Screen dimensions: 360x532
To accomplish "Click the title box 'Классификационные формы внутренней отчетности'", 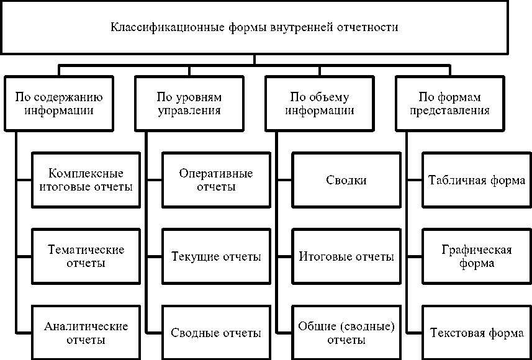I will click(x=254, y=27).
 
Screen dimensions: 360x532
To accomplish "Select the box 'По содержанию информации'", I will click(x=59, y=104).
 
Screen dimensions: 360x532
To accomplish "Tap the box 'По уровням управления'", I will click(x=189, y=104).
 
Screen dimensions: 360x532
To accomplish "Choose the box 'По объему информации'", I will click(x=319, y=104).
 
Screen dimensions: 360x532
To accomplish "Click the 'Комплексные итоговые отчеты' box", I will click(x=86, y=179).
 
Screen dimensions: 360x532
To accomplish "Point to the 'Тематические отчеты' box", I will click(x=86, y=256).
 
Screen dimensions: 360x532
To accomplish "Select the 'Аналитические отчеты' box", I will click(x=86, y=333).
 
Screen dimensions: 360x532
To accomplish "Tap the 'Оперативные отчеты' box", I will click(x=215, y=179).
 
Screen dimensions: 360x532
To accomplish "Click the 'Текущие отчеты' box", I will click(x=215, y=256).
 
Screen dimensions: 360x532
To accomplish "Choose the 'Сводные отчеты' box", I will click(x=215, y=333).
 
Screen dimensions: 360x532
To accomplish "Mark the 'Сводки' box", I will click(x=346, y=180).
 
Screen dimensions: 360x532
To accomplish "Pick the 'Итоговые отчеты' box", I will click(x=346, y=256).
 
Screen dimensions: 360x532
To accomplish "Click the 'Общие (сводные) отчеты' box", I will click(x=346, y=333).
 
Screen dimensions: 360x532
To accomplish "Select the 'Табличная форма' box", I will click(x=476, y=180).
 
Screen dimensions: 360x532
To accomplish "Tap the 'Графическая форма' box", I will click(x=476, y=256).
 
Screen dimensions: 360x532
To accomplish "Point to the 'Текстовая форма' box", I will click(x=476, y=333).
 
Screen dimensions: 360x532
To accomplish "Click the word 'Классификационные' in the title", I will click(x=158, y=27).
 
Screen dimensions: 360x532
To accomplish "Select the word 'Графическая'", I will click(x=476, y=250).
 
